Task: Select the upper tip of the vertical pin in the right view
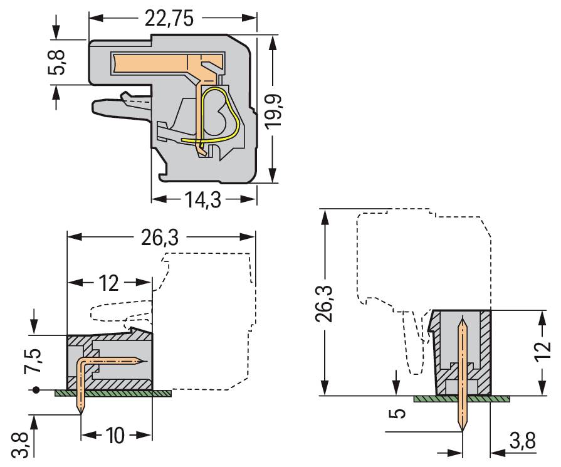click(x=463, y=323)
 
